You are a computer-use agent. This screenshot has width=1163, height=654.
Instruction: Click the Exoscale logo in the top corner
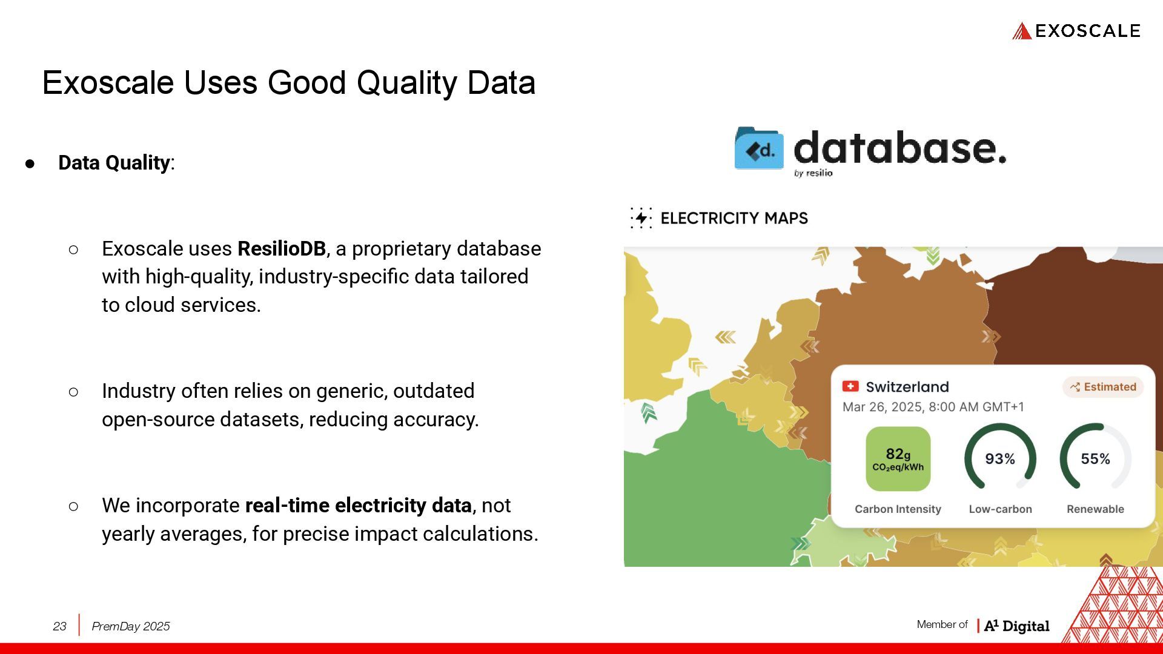tap(1076, 31)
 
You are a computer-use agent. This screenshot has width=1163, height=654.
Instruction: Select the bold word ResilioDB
tap(282, 248)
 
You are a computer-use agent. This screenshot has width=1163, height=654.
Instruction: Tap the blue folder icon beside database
tap(759, 148)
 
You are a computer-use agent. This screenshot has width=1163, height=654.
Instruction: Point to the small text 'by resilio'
tap(813, 173)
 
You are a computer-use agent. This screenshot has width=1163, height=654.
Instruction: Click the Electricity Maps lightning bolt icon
tap(641, 218)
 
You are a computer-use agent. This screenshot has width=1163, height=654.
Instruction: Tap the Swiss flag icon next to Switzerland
tap(850, 386)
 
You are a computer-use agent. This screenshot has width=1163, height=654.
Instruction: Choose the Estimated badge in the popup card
tap(1103, 387)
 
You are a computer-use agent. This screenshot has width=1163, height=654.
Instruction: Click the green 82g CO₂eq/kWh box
tap(898, 458)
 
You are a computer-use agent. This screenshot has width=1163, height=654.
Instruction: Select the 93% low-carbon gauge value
tap(1000, 459)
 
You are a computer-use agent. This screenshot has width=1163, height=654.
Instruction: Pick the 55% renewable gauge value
tap(1096, 459)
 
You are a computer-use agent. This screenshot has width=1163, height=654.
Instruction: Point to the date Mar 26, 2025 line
tap(933, 407)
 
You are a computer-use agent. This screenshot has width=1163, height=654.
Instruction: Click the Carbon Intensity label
tap(898, 509)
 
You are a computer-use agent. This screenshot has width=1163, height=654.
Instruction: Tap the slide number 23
tap(59, 626)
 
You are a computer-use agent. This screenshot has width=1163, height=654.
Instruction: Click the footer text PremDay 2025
tap(131, 626)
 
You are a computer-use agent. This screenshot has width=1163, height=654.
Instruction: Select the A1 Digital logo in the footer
tap(1016, 626)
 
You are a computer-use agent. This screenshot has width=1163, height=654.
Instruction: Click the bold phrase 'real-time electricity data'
tap(359, 505)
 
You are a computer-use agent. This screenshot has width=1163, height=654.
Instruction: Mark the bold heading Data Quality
tap(114, 162)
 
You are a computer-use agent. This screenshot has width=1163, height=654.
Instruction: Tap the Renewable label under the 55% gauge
tap(1095, 509)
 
